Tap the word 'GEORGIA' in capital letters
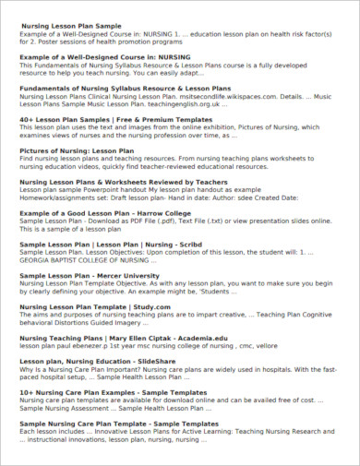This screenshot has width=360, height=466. [x=36, y=260]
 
